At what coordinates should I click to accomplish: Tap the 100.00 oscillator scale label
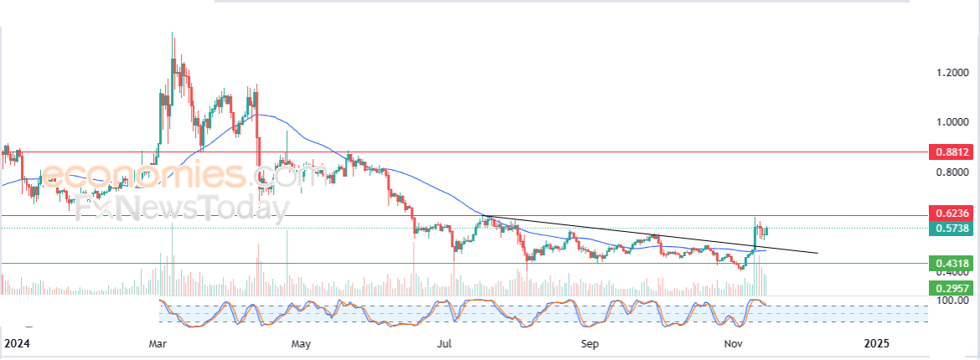950,301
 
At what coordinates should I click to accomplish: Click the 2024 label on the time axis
17,344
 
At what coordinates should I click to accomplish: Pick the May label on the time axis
302,344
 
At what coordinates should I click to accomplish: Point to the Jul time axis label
445,344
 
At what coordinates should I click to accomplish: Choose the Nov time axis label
733,344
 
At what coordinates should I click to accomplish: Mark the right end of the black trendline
818,253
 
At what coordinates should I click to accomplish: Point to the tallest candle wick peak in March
173,32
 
